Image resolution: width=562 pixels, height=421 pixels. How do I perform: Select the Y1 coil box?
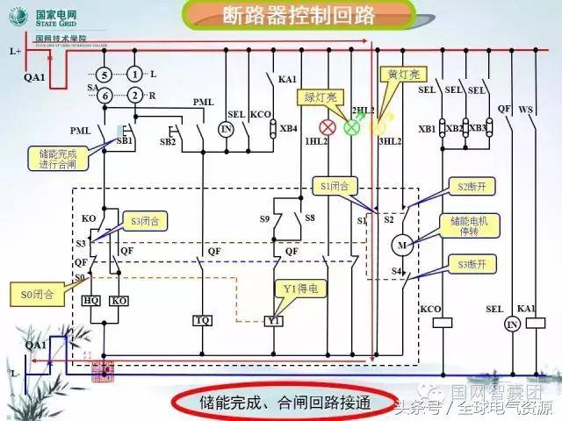coord(275,321)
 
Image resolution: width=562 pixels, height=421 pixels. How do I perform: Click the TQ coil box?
coord(203,321)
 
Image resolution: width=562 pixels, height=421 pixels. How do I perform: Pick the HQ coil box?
coord(91,300)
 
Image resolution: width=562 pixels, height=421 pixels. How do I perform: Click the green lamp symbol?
coord(353,126)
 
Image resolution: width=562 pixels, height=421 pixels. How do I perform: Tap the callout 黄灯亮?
coord(393,76)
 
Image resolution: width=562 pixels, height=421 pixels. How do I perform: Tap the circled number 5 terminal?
coord(104,75)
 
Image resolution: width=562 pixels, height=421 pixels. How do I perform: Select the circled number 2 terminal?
coord(134,95)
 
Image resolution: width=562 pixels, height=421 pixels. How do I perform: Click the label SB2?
coord(169,141)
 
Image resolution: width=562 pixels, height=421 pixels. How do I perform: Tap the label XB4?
coord(288,129)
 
